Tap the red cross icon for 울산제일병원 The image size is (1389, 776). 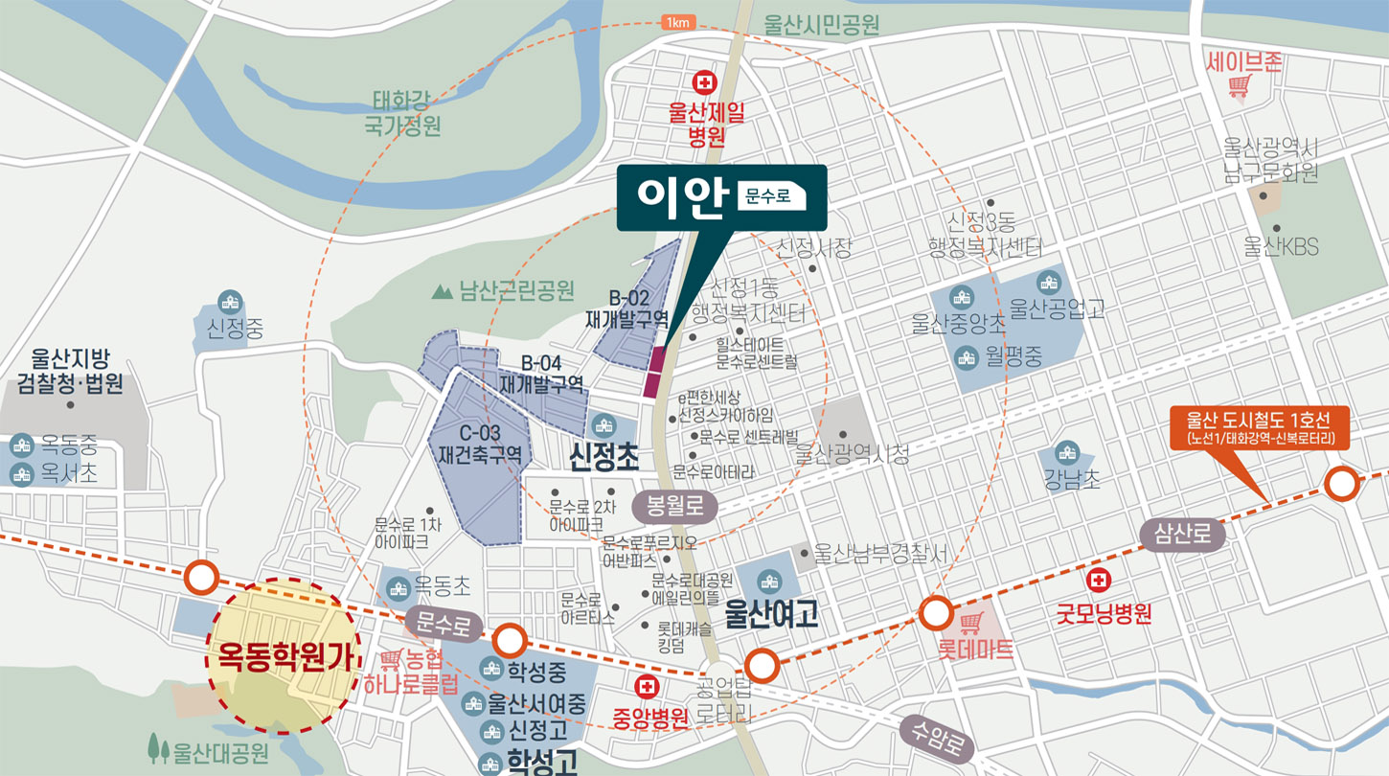(706, 83)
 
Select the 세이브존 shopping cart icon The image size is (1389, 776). (1240, 87)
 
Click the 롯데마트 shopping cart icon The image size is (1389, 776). (973, 624)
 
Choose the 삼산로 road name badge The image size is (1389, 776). (1183, 535)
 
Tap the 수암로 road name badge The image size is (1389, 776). (938, 742)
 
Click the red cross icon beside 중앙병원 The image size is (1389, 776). (648, 687)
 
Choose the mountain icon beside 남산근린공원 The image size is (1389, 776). (443, 290)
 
